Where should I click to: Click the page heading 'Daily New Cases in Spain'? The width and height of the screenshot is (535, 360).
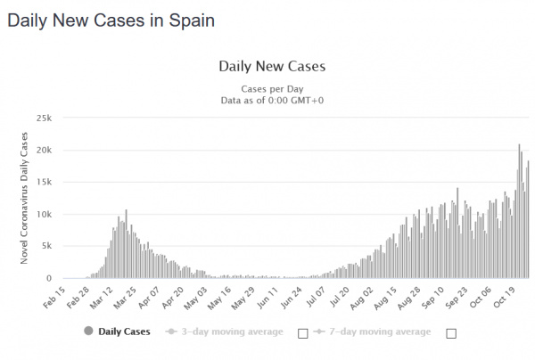tap(111, 20)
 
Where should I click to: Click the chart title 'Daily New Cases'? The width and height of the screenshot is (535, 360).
tap(272, 66)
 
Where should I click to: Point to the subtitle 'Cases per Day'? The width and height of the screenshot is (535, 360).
tap(272, 89)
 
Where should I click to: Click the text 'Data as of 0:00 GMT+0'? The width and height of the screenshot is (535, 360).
tap(272, 102)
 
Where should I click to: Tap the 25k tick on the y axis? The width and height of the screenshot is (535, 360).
tap(44, 119)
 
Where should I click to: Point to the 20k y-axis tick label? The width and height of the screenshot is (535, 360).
tap(44, 151)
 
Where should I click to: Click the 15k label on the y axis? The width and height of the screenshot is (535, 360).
tap(44, 183)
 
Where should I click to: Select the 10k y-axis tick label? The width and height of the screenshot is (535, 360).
tap(44, 215)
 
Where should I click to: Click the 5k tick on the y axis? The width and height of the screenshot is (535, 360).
tap(46, 247)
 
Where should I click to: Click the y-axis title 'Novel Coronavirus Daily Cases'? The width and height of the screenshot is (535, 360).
tap(24, 198)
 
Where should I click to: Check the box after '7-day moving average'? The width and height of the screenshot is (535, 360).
tap(450, 333)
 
